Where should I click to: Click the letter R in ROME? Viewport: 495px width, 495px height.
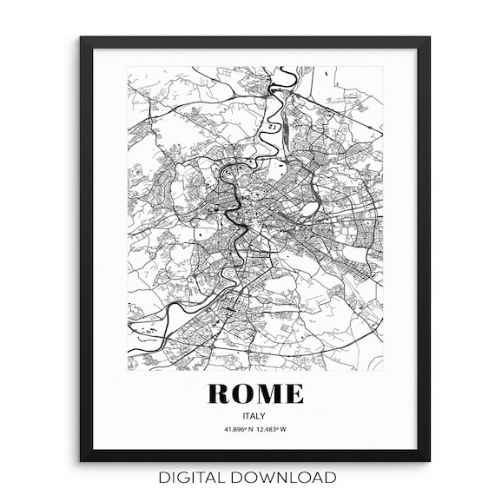(x=220, y=393)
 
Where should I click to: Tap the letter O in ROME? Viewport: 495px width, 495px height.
(x=244, y=393)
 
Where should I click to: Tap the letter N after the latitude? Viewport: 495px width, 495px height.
(x=248, y=430)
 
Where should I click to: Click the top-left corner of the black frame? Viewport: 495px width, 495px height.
(x=81, y=37)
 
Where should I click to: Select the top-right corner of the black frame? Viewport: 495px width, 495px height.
(x=429, y=37)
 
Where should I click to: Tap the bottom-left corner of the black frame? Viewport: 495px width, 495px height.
(x=81, y=460)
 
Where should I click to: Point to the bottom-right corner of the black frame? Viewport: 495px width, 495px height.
(x=429, y=460)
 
